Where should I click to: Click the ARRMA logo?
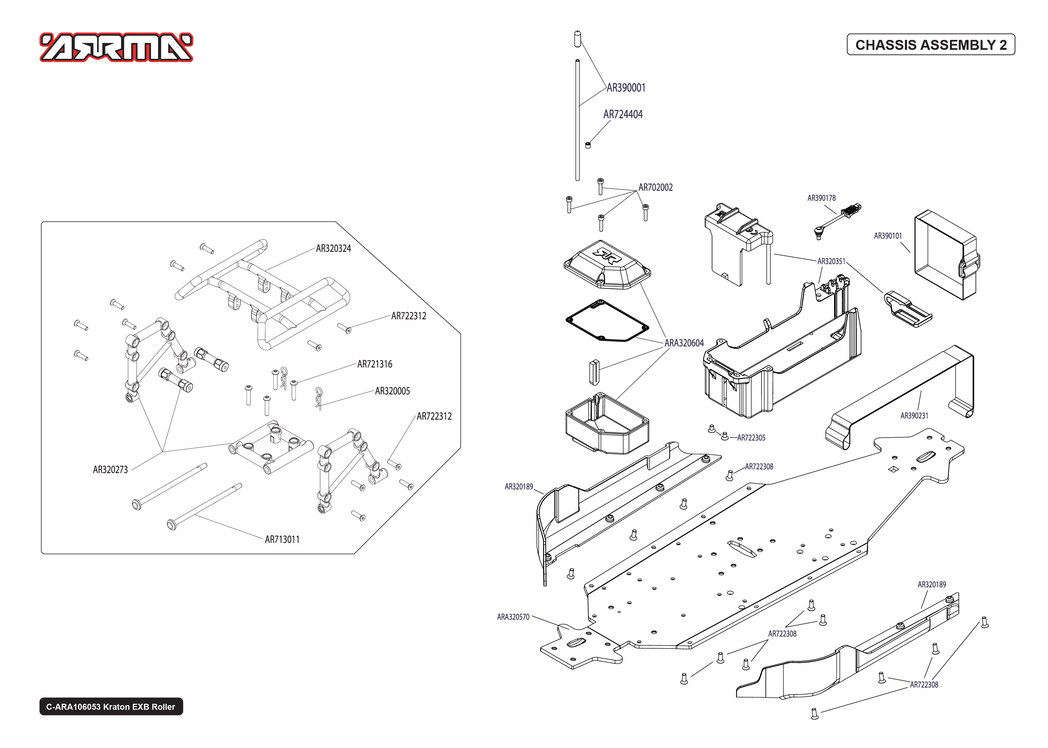(x=116, y=47)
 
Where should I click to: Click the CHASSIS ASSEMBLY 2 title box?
(x=931, y=45)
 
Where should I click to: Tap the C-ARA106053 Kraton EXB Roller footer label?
(x=111, y=706)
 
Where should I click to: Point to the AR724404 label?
(x=623, y=115)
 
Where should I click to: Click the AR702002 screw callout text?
(x=655, y=187)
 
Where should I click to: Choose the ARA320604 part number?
(x=684, y=343)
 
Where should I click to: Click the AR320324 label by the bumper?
(x=333, y=249)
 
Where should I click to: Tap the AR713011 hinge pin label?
(x=282, y=539)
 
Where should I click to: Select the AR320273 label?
(x=110, y=470)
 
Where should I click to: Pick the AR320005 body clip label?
(x=392, y=391)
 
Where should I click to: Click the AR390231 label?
(x=914, y=415)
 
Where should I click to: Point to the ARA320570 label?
(x=513, y=617)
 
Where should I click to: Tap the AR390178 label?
(x=821, y=198)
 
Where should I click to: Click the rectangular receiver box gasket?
(x=607, y=321)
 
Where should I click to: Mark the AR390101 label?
(x=888, y=236)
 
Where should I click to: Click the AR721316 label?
(x=375, y=364)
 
